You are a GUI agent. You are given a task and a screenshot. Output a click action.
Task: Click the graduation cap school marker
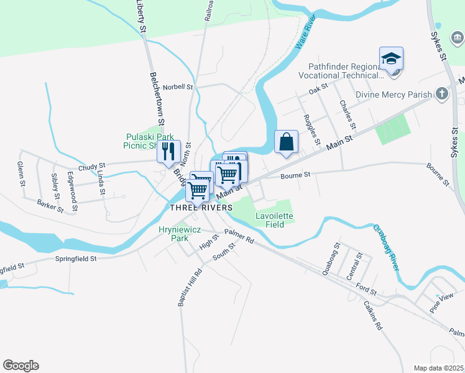pos(391,60)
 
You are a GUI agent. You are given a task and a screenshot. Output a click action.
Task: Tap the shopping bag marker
pos(286,142)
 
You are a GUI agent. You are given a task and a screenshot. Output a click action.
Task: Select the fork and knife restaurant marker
pos(168,152)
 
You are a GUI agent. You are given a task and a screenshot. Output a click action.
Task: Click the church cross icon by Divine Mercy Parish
pos(442,94)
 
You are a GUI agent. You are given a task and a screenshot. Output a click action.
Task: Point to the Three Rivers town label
pos(201,207)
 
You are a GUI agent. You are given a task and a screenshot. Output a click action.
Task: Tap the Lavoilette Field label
pos(274,220)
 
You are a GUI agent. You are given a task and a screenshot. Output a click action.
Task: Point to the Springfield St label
pos(76,258)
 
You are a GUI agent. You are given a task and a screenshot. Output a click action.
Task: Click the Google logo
pos(21,366)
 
